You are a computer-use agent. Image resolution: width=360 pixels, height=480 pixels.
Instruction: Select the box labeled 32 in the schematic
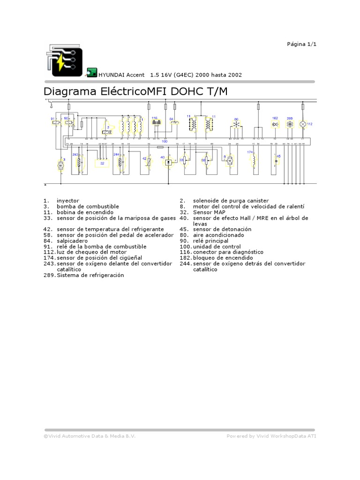pyautogui.click(x=102, y=163)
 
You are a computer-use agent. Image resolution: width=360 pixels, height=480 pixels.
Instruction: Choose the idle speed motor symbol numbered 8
pyautogui.click(x=230, y=160)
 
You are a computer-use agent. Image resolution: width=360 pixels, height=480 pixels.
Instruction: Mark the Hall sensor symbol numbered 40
pyautogui.click(x=168, y=162)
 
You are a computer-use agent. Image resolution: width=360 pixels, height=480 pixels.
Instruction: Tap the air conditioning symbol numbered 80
pyautogui.click(x=236, y=125)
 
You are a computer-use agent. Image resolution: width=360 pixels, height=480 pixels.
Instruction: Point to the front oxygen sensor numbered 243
pyautogui.click(x=79, y=162)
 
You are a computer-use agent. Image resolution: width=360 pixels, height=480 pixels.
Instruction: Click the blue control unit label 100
pyautogui.click(x=165, y=141)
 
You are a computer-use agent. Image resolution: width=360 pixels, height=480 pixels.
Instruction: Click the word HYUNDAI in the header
pyautogui.click(x=111, y=75)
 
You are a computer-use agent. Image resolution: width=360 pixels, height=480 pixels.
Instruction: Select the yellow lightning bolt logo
pyautogui.click(x=62, y=63)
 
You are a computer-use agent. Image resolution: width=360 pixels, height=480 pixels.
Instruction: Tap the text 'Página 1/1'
pyautogui.click(x=302, y=44)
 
